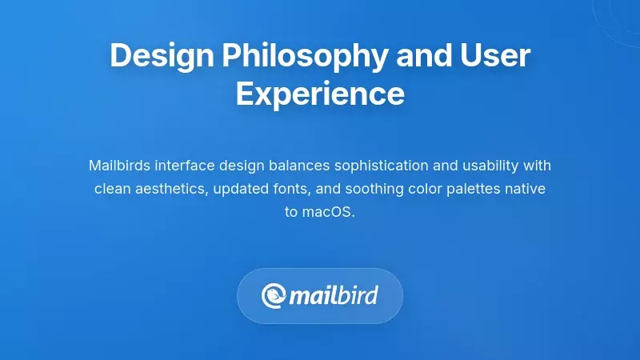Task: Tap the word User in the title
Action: (x=494, y=57)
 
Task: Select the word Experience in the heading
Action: (x=320, y=94)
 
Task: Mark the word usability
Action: (x=490, y=166)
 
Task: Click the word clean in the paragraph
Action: (x=111, y=190)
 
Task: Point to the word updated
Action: (x=242, y=190)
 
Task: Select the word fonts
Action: (x=293, y=190)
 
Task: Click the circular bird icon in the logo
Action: (x=274, y=296)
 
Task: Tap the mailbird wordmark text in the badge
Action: (x=333, y=296)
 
